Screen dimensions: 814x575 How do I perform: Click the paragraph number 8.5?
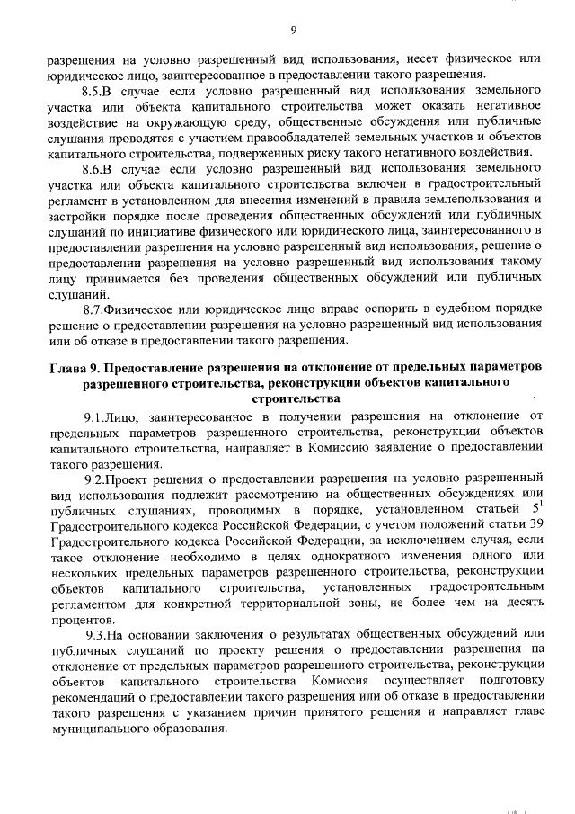tap(93, 93)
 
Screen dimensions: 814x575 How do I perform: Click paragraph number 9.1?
tap(97, 416)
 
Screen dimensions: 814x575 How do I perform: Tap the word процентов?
tap(81, 620)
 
